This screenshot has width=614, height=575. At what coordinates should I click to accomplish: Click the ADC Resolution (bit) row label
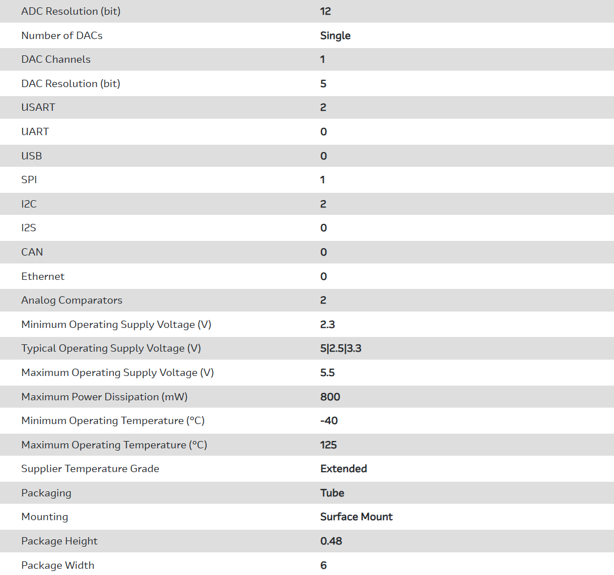click(x=71, y=11)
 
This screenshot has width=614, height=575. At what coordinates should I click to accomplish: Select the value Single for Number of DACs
click(x=335, y=36)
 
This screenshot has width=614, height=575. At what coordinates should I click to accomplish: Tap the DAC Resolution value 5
click(x=323, y=84)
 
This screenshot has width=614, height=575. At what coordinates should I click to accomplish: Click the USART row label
click(x=38, y=107)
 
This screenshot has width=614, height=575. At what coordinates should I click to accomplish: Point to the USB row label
click(x=32, y=156)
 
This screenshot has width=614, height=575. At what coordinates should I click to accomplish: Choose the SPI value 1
click(x=323, y=180)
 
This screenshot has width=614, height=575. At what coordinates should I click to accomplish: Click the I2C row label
click(x=29, y=204)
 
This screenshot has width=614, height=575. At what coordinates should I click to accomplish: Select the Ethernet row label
click(x=43, y=276)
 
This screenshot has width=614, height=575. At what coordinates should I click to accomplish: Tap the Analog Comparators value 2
click(x=323, y=300)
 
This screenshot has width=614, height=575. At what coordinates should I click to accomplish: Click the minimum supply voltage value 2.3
click(x=327, y=325)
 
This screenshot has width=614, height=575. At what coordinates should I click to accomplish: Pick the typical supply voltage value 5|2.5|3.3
click(x=341, y=348)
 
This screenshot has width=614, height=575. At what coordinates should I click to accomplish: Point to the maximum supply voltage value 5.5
click(x=328, y=373)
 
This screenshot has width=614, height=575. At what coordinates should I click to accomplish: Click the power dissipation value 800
click(x=330, y=397)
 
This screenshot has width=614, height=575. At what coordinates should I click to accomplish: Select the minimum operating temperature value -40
click(x=329, y=421)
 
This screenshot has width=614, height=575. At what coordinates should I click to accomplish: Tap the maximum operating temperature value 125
click(x=328, y=445)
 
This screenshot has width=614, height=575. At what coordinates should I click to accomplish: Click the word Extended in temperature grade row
click(x=344, y=469)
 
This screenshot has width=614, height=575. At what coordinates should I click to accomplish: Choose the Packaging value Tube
click(x=332, y=493)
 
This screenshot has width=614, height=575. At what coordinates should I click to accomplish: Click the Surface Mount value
click(x=356, y=517)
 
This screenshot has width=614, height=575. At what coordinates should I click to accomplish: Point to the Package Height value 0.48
click(x=331, y=541)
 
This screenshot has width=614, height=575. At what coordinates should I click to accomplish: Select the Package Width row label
click(x=58, y=565)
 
